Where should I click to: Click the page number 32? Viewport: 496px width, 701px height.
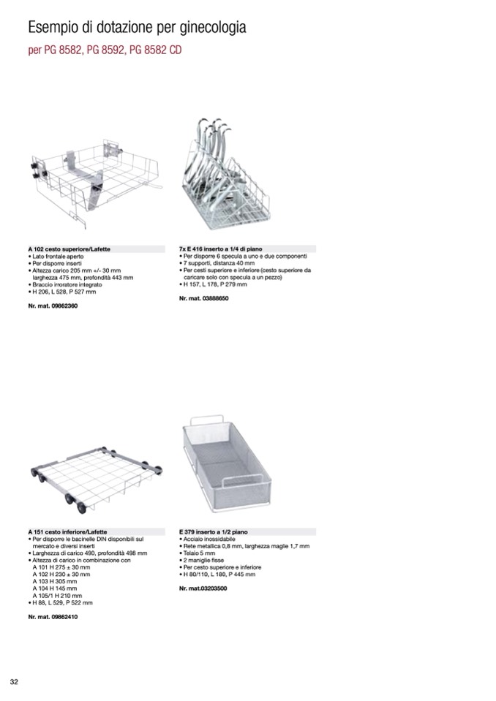[x=13, y=682]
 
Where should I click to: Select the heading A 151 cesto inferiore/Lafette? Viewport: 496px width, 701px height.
[x=64, y=531]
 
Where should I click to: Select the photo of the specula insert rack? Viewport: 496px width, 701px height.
[x=222, y=175]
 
